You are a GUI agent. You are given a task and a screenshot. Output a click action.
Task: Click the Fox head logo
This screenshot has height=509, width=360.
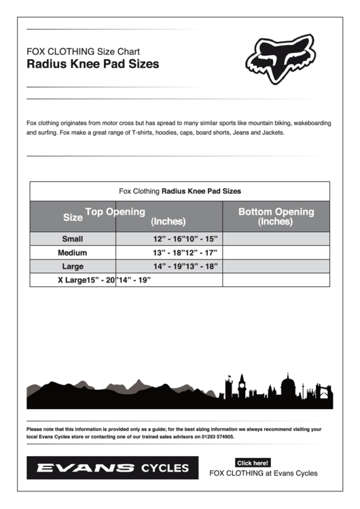pos(279,58)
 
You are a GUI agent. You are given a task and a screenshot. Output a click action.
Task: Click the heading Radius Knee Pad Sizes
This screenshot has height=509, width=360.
pos(92,65)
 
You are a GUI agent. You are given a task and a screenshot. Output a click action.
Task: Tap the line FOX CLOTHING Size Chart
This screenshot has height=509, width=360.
pos(83,51)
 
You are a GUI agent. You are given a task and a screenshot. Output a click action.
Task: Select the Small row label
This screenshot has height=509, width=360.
pos(73,239)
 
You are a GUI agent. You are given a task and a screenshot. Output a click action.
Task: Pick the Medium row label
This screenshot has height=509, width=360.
pos(73,252)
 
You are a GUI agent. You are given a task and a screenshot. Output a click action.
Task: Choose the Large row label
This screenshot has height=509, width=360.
pos(73,266)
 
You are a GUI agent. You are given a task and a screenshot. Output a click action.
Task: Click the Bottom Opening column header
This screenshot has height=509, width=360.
pos(276,216)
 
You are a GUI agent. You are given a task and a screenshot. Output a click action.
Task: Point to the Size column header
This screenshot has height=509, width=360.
pos(73,217)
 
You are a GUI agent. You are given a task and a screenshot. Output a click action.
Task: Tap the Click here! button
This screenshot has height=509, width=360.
pos(253,463)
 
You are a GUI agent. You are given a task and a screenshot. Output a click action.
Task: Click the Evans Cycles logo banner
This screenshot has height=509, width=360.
pos(112,468)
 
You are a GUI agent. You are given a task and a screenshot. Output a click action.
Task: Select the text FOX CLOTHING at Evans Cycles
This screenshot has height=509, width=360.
pos(263,474)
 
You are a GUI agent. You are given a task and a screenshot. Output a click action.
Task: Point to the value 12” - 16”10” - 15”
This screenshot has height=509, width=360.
pos(185,239)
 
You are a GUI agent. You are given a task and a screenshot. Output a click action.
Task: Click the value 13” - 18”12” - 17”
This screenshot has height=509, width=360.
pos(185,252)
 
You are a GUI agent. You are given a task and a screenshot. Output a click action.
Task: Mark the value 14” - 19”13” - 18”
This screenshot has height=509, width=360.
pos(185,266)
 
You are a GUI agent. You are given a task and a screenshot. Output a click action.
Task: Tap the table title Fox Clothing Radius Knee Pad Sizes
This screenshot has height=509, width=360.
pos(179,192)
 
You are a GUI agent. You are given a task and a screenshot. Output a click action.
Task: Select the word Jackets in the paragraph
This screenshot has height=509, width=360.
pos(270,133)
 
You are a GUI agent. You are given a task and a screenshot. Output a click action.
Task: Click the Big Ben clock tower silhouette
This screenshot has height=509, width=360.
pos(242,386)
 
